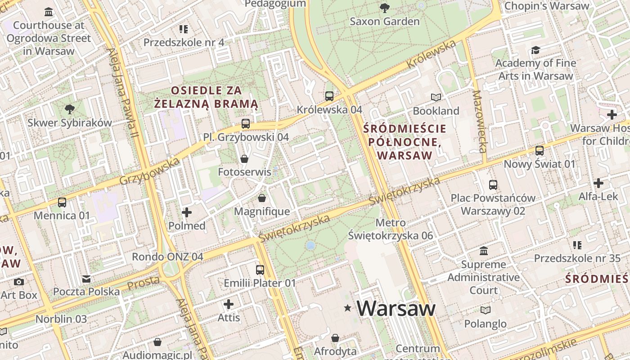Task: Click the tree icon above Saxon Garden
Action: click(384, 8)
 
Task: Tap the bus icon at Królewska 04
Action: click(329, 96)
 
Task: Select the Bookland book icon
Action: click(436, 97)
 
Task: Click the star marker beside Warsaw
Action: click(347, 308)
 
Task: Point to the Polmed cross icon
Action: click(187, 212)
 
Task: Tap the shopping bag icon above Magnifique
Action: click(262, 198)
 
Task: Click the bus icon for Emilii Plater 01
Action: click(260, 270)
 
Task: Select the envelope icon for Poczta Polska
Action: click(86, 279)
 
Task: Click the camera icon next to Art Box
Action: click(19, 282)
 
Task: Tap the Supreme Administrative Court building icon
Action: click(484, 251)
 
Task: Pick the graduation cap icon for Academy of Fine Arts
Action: click(535, 49)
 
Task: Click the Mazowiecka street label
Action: click(480, 121)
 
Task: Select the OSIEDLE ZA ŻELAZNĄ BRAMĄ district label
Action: click(207, 97)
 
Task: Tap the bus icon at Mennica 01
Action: click(62, 202)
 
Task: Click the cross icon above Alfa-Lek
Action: click(598, 183)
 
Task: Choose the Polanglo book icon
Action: click(485, 310)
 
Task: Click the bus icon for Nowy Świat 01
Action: click(539, 151)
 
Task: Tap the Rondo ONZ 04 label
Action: click(167, 257)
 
